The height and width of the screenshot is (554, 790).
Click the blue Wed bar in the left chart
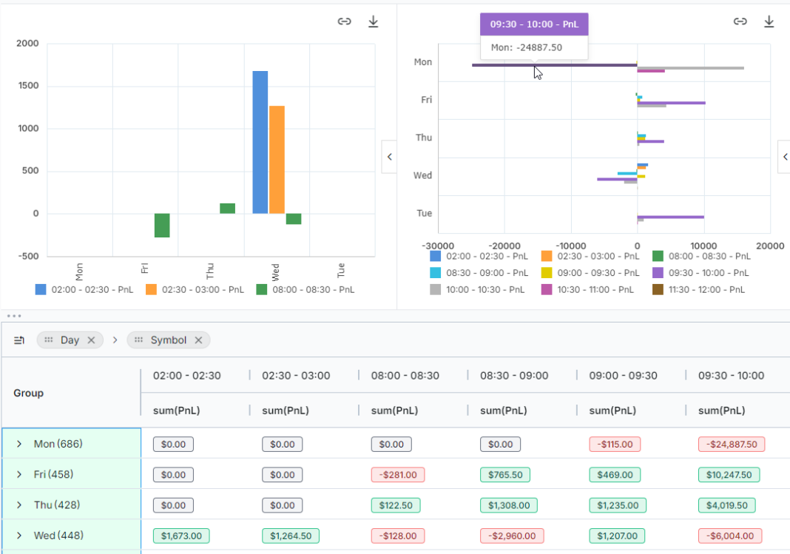pos(260,142)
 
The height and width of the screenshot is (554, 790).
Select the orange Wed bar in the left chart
pos(277,159)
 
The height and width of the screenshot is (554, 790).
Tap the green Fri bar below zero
pos(162,226)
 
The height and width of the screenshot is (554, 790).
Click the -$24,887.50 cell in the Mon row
pos(731,445)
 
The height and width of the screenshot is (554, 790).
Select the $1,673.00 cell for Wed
pos(181,536)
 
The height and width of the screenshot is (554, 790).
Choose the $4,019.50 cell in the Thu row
pos(726,505)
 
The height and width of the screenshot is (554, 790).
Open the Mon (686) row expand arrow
pos(19,445)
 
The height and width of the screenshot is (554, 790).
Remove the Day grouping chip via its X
pos(91,340)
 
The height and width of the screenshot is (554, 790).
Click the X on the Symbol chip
pos(198,340)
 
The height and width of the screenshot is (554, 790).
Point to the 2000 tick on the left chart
pos(27,44)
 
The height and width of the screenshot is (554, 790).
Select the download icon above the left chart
pos(374,21)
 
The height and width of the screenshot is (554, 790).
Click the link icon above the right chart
pos(740,21)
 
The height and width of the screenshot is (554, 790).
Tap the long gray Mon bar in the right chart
pos(692,68)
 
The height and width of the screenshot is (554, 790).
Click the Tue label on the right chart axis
pos(424,213)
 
